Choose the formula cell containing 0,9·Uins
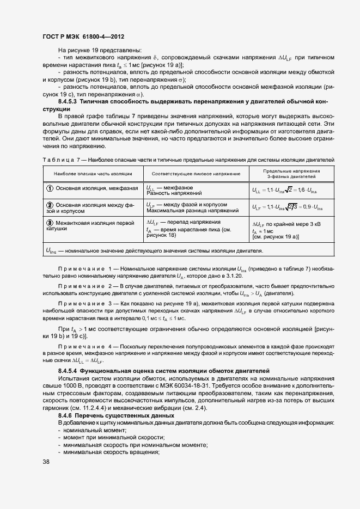coord(287,208)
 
